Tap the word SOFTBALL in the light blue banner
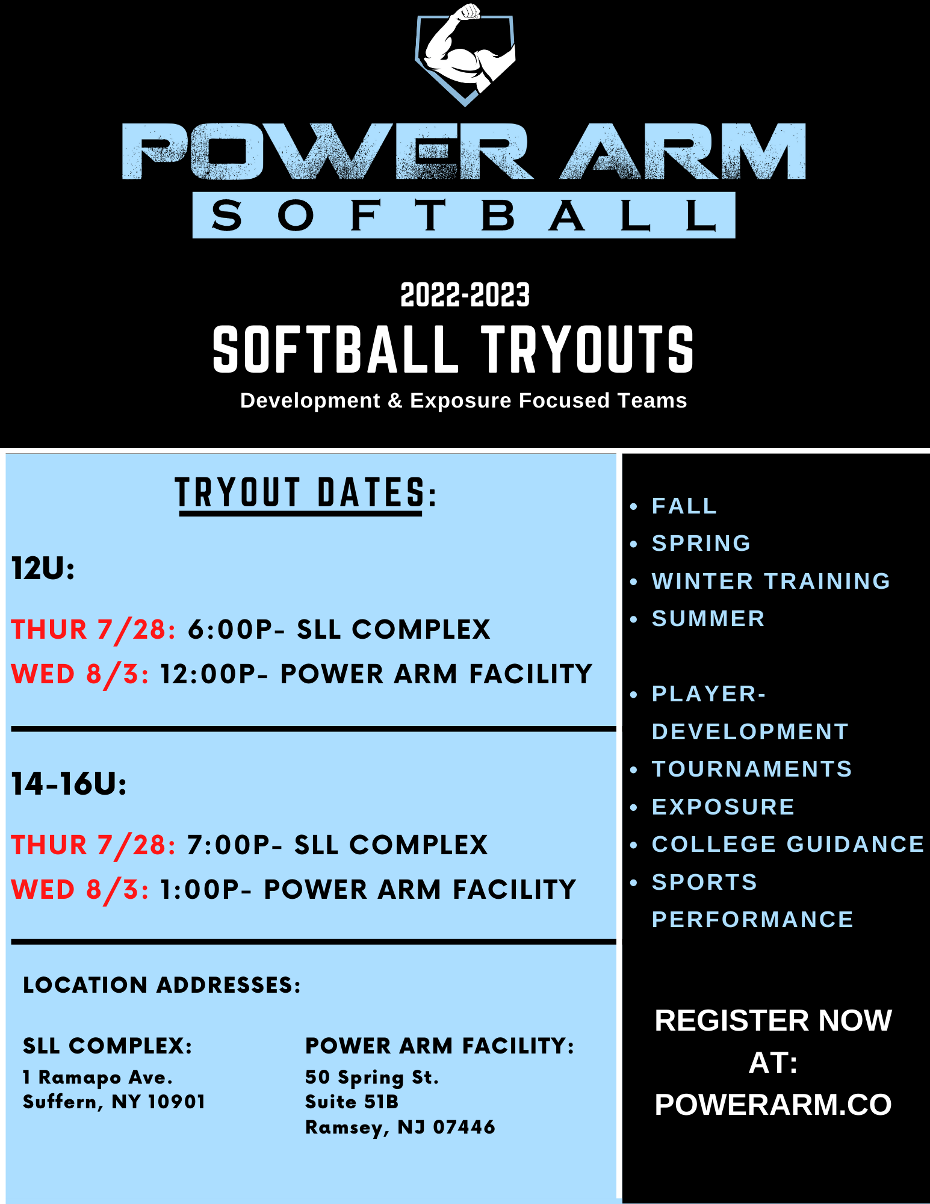463,216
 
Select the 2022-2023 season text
465,295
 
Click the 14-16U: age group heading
69,784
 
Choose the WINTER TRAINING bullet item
770,581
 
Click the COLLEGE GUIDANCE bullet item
787,844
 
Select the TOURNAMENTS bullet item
752,769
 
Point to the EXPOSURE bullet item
723,807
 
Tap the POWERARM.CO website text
773,1105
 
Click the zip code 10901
176,1102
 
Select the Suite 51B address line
352,1102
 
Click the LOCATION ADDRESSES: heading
161,985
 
